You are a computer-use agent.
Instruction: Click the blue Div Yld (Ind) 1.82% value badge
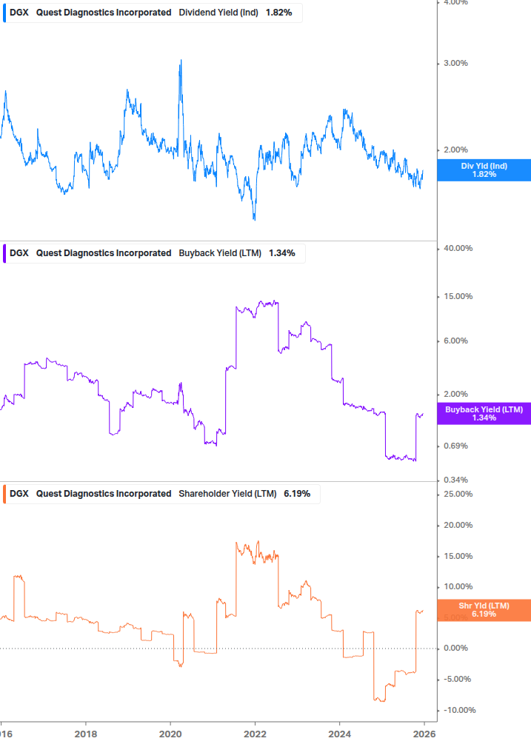click(484, 170)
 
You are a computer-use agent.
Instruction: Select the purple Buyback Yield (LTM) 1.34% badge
click(484, 414)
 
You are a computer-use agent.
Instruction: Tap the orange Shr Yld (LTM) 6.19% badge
click(484, 610)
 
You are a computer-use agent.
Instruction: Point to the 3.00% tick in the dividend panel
click(455, 64)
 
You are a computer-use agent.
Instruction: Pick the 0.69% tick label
click(455, 446)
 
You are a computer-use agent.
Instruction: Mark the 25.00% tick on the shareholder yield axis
click(458, 495)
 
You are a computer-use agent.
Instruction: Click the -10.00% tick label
click(458, 711)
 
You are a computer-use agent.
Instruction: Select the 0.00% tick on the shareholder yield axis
click(455, 649)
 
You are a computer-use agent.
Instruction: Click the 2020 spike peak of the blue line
click(181, 61)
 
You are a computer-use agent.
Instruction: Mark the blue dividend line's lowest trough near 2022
click(254, 219)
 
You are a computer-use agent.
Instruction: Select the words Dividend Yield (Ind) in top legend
click(218, 13)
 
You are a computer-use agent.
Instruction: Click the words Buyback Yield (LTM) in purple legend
click(220, 253)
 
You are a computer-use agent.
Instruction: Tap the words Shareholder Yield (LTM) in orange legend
click(227, 494)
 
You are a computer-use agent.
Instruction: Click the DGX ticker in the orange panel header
click(20, 494)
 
